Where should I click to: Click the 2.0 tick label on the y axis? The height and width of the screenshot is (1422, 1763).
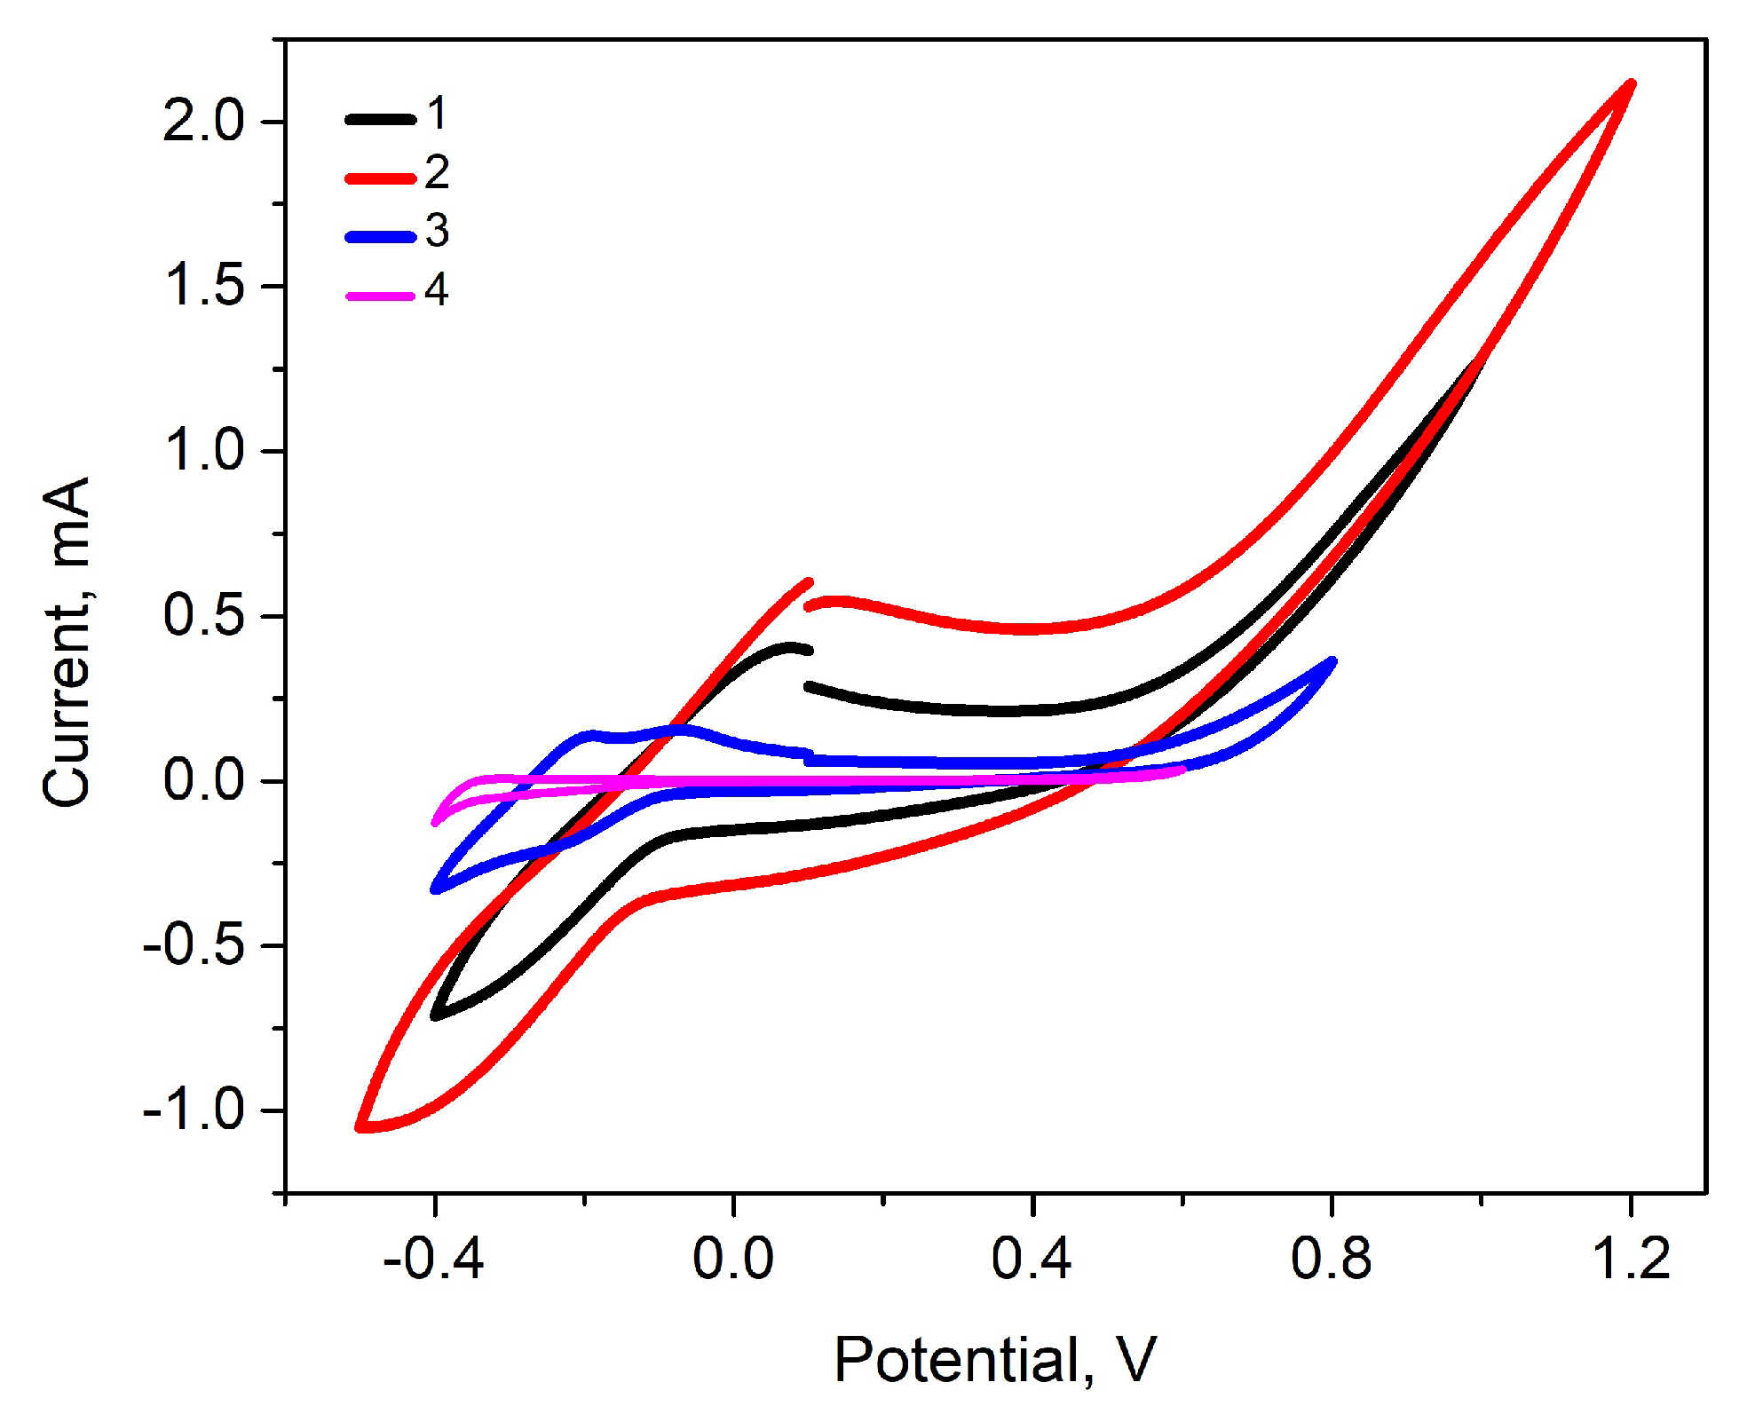[203, 122]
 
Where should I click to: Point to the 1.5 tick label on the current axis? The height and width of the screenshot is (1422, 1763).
[203, 286]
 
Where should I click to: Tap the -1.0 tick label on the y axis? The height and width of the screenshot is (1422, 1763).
[193, 1110]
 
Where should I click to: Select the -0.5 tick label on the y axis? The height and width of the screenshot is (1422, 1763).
[193, 945]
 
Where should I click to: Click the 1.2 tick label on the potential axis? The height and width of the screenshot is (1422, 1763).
[1631, 1259]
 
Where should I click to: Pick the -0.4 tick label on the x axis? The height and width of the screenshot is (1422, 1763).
[432, 1259]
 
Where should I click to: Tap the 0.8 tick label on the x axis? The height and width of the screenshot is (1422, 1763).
[1331, 1259]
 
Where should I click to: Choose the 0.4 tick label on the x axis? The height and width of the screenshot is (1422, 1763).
[1032, 1259]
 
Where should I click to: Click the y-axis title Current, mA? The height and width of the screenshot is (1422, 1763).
[67, 641]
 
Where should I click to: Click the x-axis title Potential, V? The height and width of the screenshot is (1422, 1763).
[995, 1359]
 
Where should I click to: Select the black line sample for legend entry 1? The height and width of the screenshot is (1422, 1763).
[380, 119]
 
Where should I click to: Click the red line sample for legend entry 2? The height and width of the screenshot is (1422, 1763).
[380, 178]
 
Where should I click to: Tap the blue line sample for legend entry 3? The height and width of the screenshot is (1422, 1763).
[380, 237]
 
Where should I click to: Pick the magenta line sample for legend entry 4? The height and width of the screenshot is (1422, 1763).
[380, 296]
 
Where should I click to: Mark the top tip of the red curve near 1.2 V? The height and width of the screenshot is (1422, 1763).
[1631, 84]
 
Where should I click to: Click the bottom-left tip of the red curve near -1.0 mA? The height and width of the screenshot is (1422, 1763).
[360, 1126]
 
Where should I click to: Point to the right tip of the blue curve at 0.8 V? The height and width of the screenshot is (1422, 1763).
[1332, 661]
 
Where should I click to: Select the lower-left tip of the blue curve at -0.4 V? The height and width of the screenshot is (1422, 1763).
[435, 889]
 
